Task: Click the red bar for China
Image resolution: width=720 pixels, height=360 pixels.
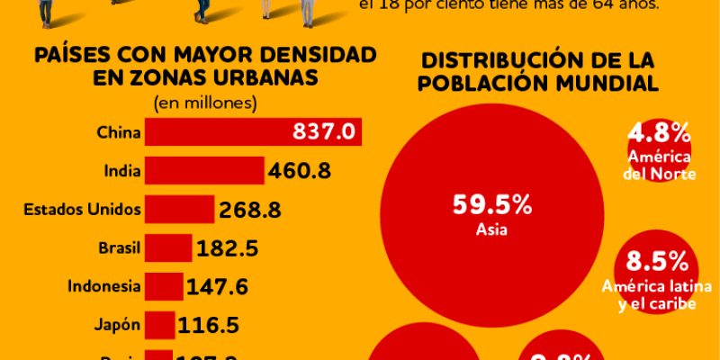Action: pos(216,132)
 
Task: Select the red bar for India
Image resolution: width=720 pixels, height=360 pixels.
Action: pos(204,170)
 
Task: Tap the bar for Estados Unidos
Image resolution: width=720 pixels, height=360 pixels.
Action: pos(180,210)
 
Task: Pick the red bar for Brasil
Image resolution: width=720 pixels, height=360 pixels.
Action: pos(168,247)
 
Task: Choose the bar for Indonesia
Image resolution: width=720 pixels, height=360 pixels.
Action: pos(164,286)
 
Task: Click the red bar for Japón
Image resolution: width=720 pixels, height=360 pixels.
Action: pos(159,325)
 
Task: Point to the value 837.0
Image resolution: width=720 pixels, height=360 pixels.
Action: pos(325,132)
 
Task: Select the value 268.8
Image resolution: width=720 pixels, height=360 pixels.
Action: pos(251,210)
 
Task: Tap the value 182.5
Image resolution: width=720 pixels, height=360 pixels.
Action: pos(228,248)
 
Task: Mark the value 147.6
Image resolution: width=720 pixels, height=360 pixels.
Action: pos(218,287)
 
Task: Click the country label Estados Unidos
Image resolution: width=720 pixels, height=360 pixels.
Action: pos(82,210)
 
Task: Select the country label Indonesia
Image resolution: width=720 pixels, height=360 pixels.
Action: pos(104,286)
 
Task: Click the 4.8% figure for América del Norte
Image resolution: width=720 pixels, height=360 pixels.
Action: pos(659,135)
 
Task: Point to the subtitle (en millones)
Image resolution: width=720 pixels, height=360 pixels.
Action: pos(205,102)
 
